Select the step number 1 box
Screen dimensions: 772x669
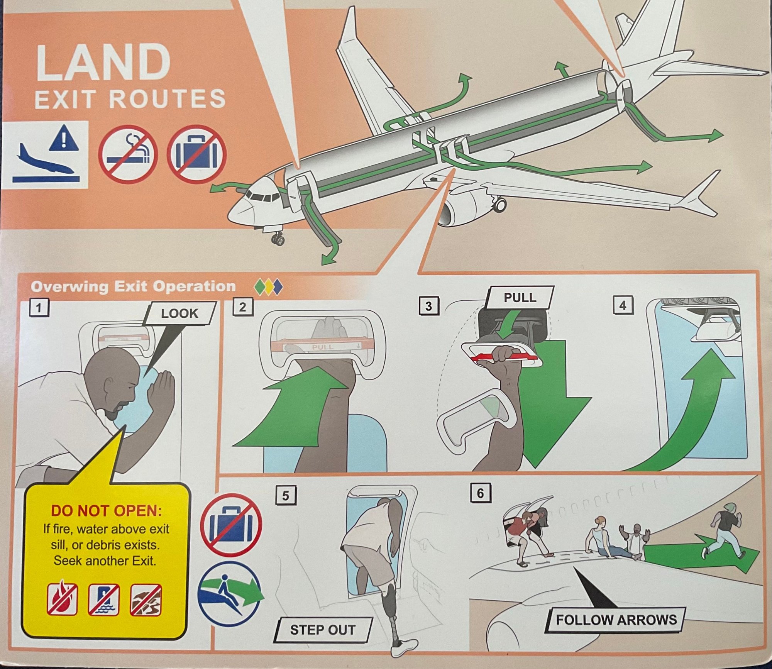coord(39,308)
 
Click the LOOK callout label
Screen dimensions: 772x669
coord(179,313)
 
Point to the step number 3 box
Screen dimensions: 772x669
coord(428,306)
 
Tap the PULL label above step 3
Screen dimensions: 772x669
coord(520,298)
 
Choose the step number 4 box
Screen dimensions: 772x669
coord(623,306)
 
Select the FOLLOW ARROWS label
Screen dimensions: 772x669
coord(616,620)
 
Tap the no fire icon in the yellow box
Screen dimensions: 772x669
coord(62,600)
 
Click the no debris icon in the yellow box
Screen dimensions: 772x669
coord(146,600)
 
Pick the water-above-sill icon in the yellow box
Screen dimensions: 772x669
coord(104,600)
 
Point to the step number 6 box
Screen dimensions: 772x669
coord(481,493)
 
